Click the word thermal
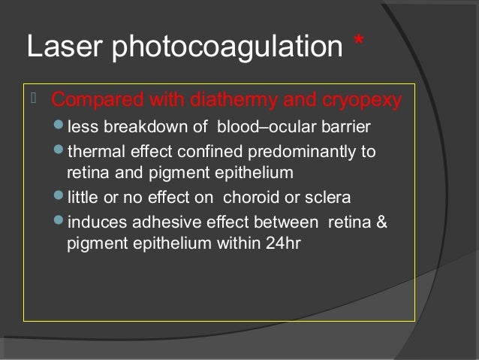pyautogui.click(x=92, y=151)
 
